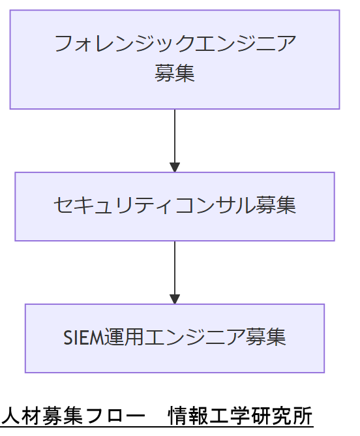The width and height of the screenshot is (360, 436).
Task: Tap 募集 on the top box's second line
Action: point(175,72)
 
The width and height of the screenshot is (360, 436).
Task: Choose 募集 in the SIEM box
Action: point(266,337)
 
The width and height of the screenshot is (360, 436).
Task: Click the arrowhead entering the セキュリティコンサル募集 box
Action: point(175,167)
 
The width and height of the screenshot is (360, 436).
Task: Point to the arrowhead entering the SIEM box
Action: point(175,299)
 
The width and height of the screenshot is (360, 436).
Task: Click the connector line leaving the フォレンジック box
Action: point(175,134)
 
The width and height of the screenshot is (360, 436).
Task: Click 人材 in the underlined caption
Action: point(22,416)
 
